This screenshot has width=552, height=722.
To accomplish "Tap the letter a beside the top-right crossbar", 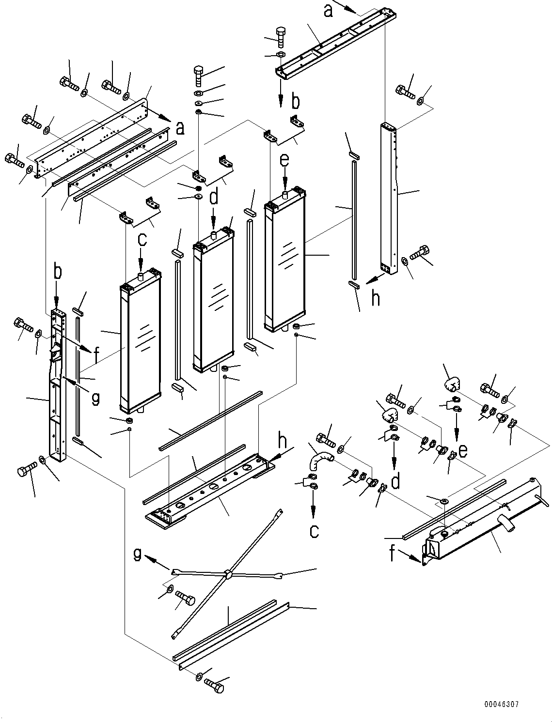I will pyautogui.click(x=329, y=10).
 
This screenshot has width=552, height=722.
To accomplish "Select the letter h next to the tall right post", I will pyautogui.click(x=375, y=298).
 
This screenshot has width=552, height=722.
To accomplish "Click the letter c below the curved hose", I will pyautogui.click(x=314, y=531).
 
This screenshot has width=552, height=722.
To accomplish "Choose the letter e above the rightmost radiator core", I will pyautogui.click(x=284, y=160).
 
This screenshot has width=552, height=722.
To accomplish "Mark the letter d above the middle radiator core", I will pyautogui.click(x=214, y=198).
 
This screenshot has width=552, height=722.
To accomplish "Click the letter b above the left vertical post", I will pyautogui.click(x=57, y=272).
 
